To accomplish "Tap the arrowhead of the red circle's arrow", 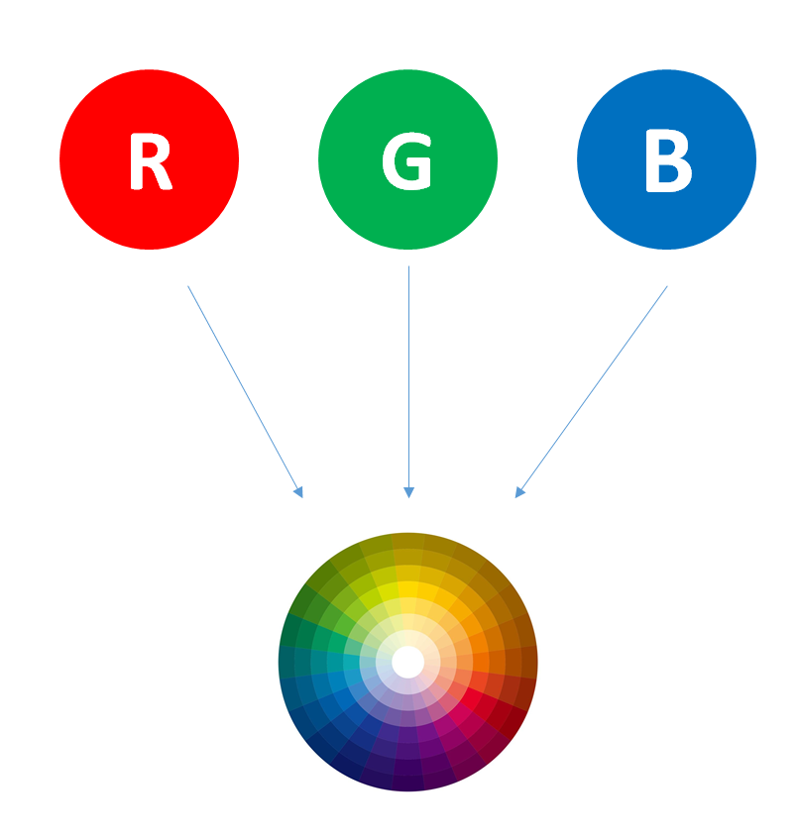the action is [x=298, y=491].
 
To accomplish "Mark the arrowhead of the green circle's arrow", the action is [x=408, y=492].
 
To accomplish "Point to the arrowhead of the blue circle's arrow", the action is [x=518, y=491].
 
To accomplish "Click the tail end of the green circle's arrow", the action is [x=408, y=267].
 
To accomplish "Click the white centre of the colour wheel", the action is [x=407, y=661].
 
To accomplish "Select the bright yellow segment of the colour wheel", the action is [x=407, y=590].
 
